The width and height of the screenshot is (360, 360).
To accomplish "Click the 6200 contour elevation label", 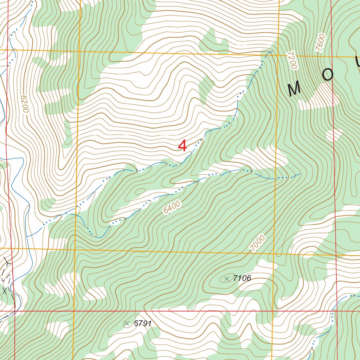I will [x=24, y=104].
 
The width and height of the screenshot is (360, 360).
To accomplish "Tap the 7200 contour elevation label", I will [x=292, y=59].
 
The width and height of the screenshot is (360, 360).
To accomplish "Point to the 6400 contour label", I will [x=172, y=207].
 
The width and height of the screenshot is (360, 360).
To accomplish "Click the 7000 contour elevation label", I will [x=257, y=243].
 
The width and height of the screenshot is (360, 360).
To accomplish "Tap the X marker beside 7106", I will [x=226, y=279].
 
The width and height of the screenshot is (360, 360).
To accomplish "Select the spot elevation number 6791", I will [x=142, y=323].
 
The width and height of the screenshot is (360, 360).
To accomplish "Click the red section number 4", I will [x=182, y=146].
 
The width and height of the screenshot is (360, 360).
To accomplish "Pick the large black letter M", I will [x=294, y=90].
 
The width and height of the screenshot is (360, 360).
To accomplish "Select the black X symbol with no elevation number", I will [x=5, y=291].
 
